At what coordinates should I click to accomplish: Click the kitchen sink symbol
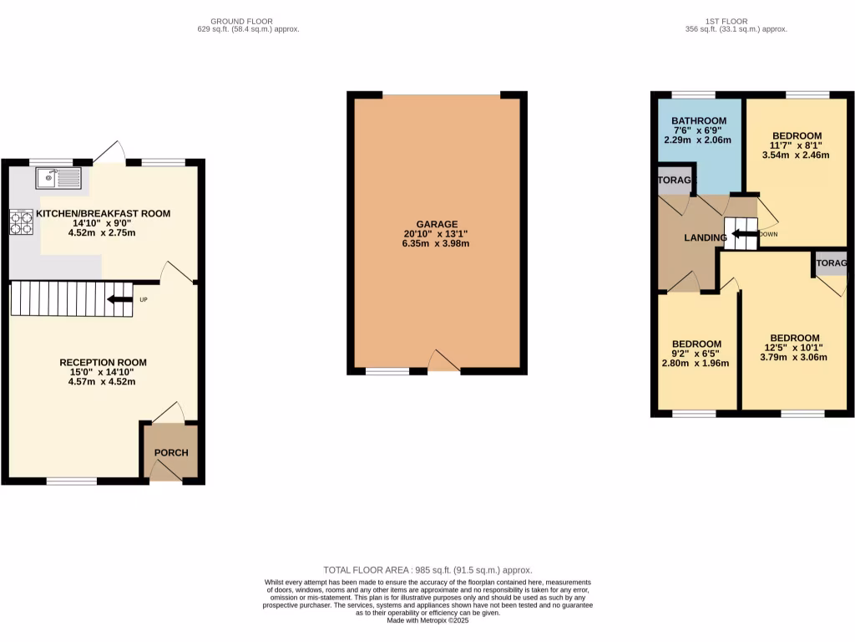click(58, 177)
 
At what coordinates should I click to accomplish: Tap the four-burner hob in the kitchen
click(21, 222)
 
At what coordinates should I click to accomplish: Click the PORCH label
click(171, 453)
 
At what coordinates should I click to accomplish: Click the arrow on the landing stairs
click(741, 235)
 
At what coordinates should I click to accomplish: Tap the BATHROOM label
click(699, 121)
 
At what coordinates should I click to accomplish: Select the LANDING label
click(706, 238)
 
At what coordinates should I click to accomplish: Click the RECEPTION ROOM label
click(103, 363)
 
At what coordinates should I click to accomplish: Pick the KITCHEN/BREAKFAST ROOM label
click(103, 214)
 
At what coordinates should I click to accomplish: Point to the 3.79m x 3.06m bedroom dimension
click(793, 357)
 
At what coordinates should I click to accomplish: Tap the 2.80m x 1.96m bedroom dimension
click(696, 364)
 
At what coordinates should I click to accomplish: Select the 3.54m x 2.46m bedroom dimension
click(797, 155)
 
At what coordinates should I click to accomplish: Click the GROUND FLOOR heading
click(242, 21)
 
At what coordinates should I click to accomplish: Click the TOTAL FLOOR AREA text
click(427, 570)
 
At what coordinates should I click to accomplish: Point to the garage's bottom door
click(443, 363)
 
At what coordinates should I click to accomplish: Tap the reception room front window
click(71, 481)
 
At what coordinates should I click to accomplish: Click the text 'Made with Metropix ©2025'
click(427, 620)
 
